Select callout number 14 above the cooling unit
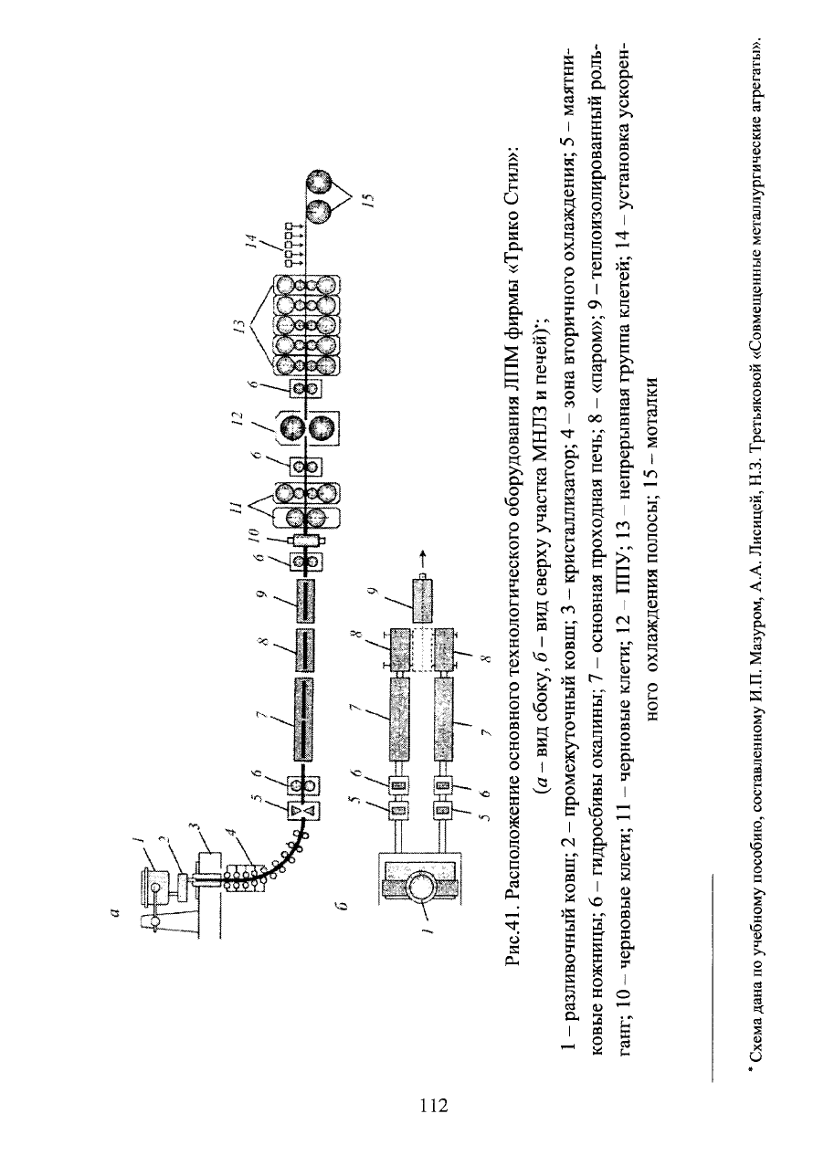(x=250, y=241)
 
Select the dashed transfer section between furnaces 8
(x=422, y=648)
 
